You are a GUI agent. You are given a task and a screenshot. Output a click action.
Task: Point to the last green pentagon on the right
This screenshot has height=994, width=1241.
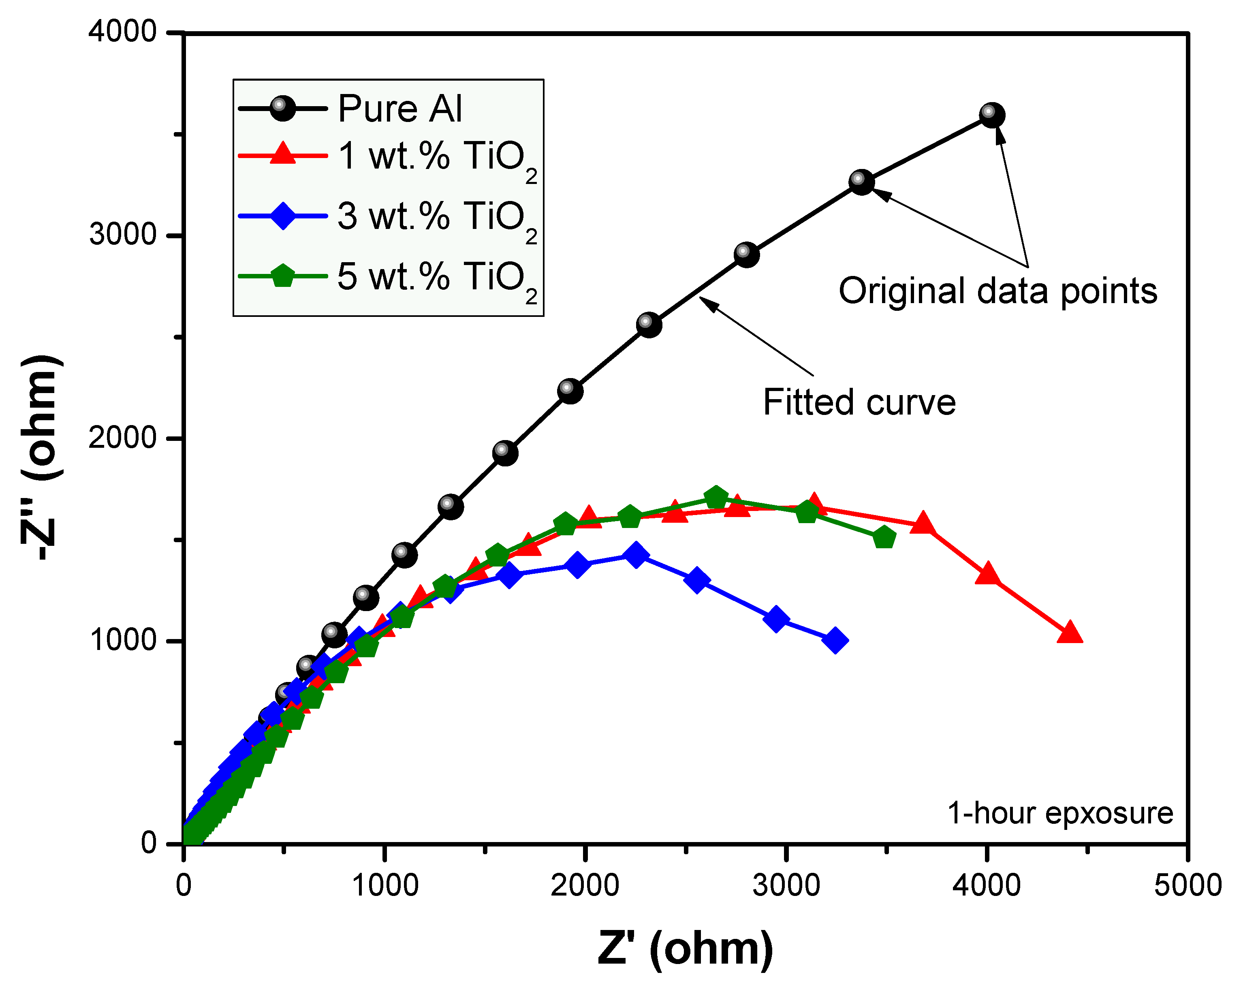click(884, 538)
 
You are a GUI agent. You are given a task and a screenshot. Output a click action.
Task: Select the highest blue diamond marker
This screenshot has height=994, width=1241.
click(635, 554)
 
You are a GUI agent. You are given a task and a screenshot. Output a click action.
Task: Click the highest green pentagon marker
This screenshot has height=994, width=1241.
click(716, 497)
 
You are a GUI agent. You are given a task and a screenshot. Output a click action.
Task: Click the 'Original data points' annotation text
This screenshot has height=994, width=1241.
click(997, 291)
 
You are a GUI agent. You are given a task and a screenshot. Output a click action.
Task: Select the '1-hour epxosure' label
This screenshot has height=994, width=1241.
click(1059, 813)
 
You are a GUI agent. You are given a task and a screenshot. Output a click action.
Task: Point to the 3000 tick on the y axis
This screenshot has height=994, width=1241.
click(123, 235)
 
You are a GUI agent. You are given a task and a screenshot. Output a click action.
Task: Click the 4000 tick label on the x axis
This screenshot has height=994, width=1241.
click(987, 885)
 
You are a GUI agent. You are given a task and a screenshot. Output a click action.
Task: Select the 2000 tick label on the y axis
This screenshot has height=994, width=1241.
click(123, 438)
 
